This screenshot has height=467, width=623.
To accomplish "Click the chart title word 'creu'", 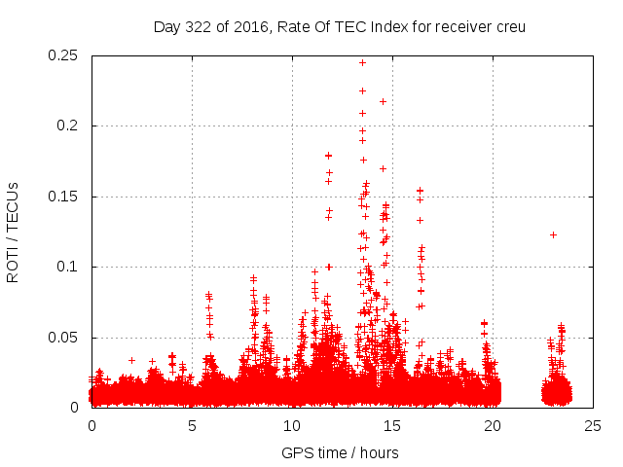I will [x=509, y=26].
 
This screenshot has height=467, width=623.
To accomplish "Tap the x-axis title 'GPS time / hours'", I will [x=340, y=452].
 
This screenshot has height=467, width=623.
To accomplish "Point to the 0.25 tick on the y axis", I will [x=65, y=55].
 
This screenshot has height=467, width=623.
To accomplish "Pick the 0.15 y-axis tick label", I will [x=65, y=197].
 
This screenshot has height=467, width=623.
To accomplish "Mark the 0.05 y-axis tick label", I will [x=65, y=338].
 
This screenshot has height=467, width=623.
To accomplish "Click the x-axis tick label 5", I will [x=192, y=426].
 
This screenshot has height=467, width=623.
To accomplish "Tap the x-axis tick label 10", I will [x=292, y=426].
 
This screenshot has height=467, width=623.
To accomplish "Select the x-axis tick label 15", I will [x=392, y=426].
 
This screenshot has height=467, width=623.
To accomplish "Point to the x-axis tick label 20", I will [x=493, y=426].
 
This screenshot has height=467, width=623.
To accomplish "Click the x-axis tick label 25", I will [x=593, y=426].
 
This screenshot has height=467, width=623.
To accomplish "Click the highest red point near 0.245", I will [x=362, y=62].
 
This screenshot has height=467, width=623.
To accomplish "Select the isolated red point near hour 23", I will [x=553, y=234].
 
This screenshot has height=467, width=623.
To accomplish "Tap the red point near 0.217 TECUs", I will [x=383, y=101].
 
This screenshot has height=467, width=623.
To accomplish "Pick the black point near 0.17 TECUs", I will [x=383, y=168].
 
